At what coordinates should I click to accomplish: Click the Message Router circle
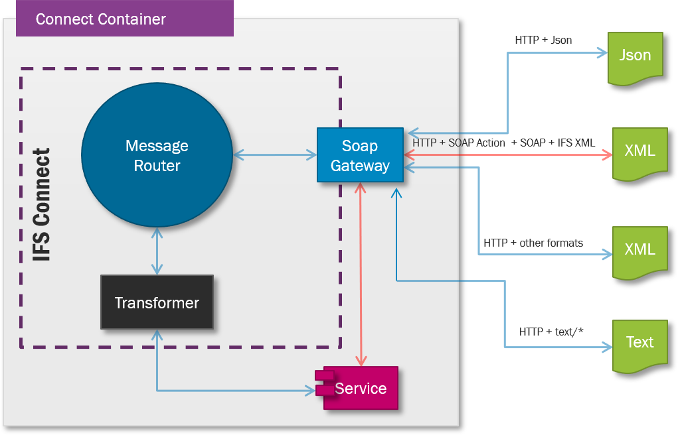point(157,155)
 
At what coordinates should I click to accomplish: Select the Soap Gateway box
point(360,155)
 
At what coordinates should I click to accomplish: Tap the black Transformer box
point(157,302)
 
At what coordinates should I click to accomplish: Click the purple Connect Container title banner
point(125,19)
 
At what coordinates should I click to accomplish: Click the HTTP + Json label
point(543,40)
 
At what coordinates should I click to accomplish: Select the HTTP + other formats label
point(533,243)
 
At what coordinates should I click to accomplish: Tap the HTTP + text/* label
point(551,331)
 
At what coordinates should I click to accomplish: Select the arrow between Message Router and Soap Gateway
point(275,155)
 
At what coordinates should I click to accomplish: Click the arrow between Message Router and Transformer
point(157,251)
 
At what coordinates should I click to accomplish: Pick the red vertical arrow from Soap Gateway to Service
point(361,274)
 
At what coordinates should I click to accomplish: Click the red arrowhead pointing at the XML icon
point(606,155)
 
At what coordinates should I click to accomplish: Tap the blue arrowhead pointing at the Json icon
point(603,53)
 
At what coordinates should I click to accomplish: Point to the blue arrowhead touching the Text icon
point(606,346)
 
